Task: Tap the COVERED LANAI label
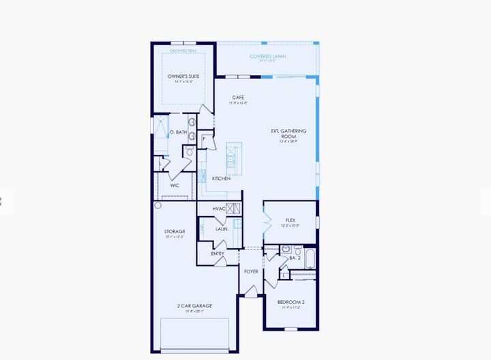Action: pos(267,57)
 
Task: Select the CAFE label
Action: pos(238,97)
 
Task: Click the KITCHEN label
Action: pos(221,178)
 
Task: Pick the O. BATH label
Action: pos(177,132)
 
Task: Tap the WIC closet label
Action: pos(175,185)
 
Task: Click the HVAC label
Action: pos(219,209)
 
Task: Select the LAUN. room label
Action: pos(222,228)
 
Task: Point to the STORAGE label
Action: pos(175,232)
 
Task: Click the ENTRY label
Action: pos(218,254)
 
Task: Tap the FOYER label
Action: pos(251,271)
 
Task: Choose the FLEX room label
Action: pos(290,220)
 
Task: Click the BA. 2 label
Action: pos(294,258)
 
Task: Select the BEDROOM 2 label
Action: pos(291,302)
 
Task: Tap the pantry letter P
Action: pos(204,139)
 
